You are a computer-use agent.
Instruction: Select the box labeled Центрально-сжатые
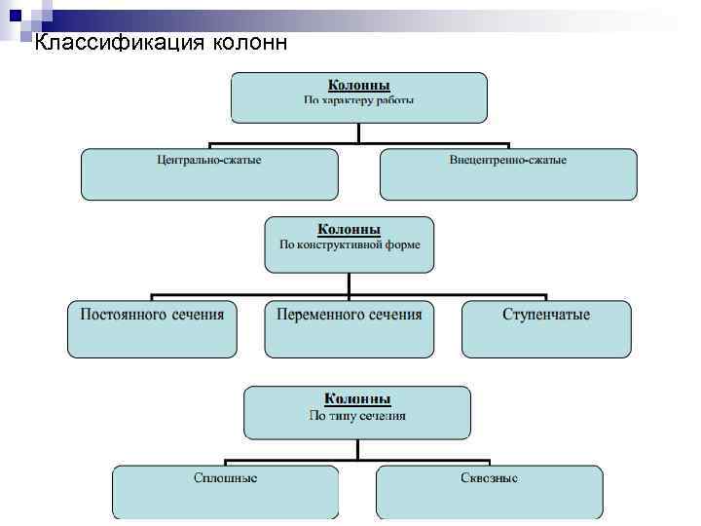209,174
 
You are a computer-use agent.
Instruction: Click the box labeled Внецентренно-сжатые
508,174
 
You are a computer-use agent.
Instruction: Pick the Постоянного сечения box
152,328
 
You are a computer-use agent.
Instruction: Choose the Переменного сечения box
350,328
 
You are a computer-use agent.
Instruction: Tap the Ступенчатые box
546,328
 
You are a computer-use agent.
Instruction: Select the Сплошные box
225,492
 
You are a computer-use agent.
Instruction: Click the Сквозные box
489,492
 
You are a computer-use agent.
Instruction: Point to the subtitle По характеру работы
359,100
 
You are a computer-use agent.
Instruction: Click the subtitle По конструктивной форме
350,244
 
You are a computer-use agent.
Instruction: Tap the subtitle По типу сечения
357,416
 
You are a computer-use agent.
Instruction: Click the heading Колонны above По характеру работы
358,86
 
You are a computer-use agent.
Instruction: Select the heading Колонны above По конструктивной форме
350,229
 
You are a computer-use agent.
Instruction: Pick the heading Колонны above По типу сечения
357,399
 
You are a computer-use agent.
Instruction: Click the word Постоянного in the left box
119,315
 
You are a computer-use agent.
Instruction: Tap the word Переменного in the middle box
315,315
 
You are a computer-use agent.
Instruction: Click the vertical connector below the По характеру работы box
359,135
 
